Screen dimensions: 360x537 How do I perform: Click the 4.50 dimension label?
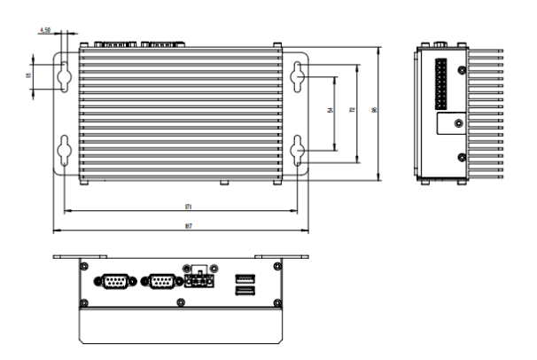pos(45,30)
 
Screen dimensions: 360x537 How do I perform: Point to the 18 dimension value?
pos(27,76)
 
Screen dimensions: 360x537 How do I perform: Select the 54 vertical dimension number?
pos(331,111)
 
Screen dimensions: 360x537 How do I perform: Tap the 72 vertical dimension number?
pos(353,111)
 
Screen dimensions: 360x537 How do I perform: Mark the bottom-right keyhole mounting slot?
pos(299,150)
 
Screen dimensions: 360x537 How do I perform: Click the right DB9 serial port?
pos(160,282)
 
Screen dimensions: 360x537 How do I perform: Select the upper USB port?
pos(244,278)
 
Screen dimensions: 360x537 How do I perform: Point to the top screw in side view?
pos(461,69)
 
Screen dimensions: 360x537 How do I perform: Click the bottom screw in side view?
pos(461,158)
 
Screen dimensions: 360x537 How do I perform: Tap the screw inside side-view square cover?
pos(457,124)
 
